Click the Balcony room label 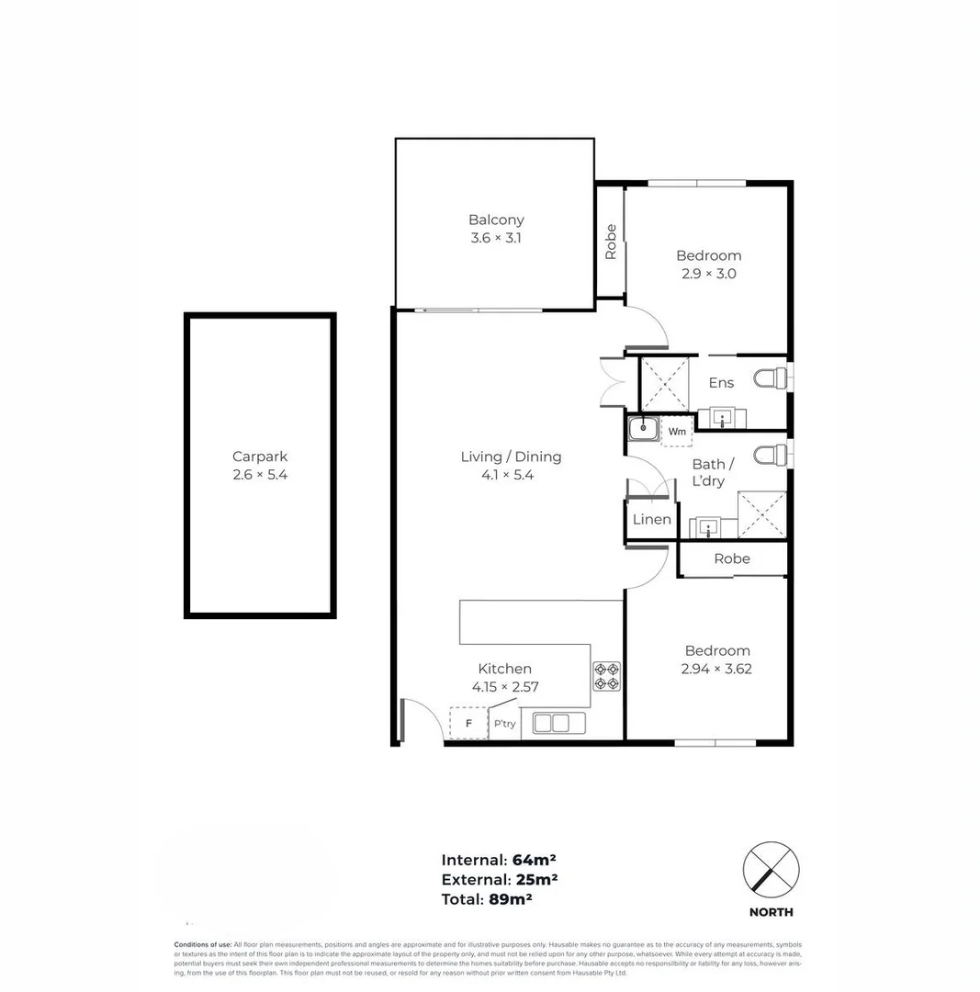tap(496, 220)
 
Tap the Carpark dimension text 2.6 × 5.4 tap(260, 475)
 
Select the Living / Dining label tap(511, 457)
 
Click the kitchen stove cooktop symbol tap(606, 676)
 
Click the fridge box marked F tap(468, 723)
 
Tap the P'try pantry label tap(504, 724)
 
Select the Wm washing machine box tap(677, 431)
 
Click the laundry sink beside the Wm tap(642, 427)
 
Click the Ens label tap(721, 383)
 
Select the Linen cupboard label tap(651, 520)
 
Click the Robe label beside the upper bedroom tap(611, 242)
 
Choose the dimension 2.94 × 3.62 tap(716, 669)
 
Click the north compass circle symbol tap(771, 869)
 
